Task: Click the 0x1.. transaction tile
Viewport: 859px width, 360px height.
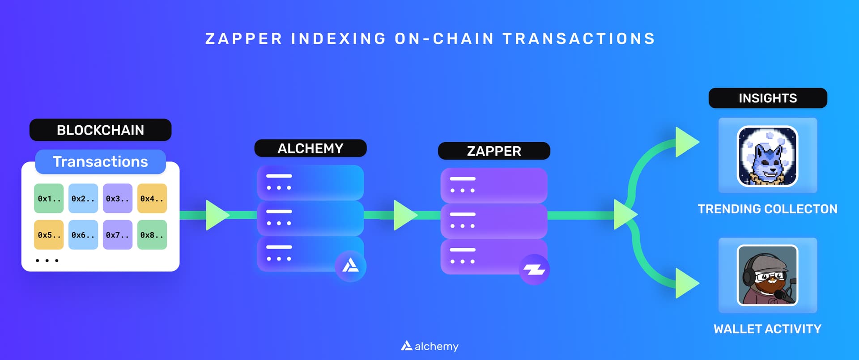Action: tap(49, 198)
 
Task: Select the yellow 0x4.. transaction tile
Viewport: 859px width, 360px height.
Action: tap(152, 198)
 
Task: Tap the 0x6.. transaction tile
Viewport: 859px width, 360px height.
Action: tap(83, 235)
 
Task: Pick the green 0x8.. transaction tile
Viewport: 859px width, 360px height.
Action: tap(152, 235)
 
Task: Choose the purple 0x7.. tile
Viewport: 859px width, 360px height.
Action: tap(118, 235)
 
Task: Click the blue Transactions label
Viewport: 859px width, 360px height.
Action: tap(100, 161)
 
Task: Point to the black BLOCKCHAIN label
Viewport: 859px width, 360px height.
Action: tap(100, 130)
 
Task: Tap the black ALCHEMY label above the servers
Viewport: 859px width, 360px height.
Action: tap(310, 148)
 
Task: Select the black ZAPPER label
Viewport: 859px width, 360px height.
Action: tap(494, 151)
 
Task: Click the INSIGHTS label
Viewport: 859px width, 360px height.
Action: tap(768, 98)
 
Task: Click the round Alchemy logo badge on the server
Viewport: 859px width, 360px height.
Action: tap(350, 266)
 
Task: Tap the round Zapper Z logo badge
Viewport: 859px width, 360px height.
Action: tap(534, 270)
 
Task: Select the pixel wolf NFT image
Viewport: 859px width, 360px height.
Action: tap(767, 156)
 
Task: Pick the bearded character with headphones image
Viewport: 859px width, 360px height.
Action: tap(767, 275)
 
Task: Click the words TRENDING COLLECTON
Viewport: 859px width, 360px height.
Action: tap(767, 209)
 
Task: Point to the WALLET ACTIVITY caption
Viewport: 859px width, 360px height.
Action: tap(767, 329)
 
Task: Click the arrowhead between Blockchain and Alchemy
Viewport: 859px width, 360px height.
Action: tap(217, 215)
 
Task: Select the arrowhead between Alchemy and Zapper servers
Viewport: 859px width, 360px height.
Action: tap(404, 215)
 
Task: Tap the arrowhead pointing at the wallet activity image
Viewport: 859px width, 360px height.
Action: tap(686, 283)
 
